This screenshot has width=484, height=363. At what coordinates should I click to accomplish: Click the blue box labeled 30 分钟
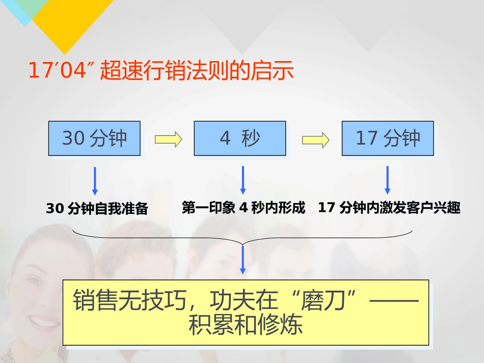click(x=94, y=138)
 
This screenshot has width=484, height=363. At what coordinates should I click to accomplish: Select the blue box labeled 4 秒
click(x=239, y=138)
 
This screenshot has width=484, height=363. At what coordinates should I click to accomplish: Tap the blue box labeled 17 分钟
click(x=387, y=138)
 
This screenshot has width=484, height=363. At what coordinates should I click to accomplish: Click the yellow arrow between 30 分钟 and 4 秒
click(x=168, y=139)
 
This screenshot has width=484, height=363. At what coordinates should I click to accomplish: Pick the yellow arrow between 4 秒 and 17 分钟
click(x=315, y=139)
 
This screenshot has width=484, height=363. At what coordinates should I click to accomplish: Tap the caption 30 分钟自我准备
click(x=97, y=209)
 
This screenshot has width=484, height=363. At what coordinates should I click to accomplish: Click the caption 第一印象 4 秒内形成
click(x=244, y=208)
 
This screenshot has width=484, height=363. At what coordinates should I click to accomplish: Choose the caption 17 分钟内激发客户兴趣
click(x=389, y=208)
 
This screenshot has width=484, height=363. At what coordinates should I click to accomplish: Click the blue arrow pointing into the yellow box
click(x=243, y=260)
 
